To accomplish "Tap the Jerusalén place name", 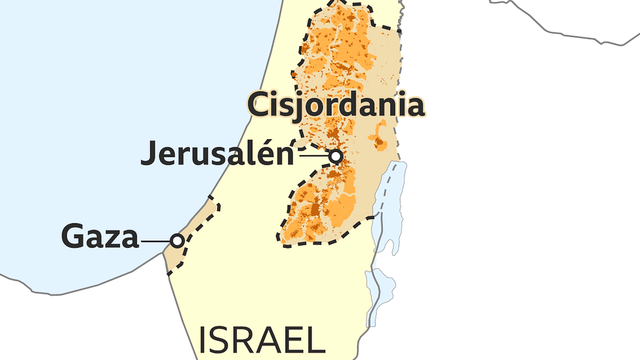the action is coord(218,155).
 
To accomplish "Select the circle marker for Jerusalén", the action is coord(336,156).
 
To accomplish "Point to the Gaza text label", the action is coord(99,238).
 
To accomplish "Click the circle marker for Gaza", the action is coord(177,240).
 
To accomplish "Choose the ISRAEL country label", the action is coord(262,341).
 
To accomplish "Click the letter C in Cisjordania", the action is coord(258,105).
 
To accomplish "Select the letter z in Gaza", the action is coord(111,240).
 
